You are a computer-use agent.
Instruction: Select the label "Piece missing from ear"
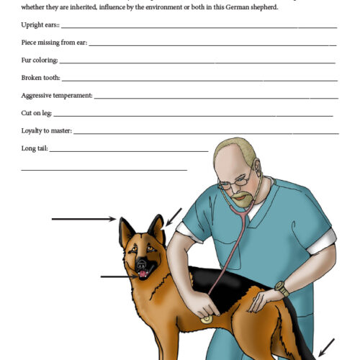pyautogui.click(x=54, y=42)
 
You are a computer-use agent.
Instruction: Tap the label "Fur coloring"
pyautogui.click(x=40, y=60)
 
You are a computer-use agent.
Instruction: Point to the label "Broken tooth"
pyautogui.click(x=41, y=77)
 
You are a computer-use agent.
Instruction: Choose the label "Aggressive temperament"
pyautogui.click(x=57, y=95)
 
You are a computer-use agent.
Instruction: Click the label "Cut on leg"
pyautogui.click(x=37, y=113)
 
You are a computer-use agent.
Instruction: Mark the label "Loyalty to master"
pyautogui.click(x=47, y=131)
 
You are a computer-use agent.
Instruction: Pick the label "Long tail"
pyautogui.click(x=35, y=149)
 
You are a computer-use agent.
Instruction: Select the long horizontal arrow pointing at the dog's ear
pyautogui.click(x=83, y=217)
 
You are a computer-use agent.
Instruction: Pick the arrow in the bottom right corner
pyautogui.click(x=325, y=348)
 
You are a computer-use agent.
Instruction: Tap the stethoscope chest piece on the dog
pyautogui.click(x=207, y=316)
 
